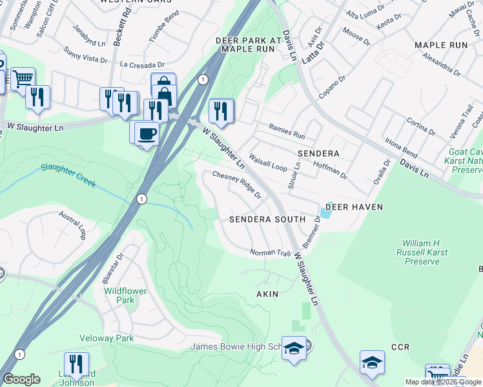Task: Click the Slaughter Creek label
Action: point(68,175)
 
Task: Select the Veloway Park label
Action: point(106,338)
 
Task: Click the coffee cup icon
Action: point(147,133)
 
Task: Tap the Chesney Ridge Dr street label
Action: point(236,184)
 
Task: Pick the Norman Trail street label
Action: point(271,252)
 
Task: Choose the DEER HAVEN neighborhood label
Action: point(354,207)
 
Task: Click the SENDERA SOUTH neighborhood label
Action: point(267,219)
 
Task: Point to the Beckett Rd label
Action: point(118,30)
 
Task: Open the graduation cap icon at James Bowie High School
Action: point(294,348)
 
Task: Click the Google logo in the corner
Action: point(21,379)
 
